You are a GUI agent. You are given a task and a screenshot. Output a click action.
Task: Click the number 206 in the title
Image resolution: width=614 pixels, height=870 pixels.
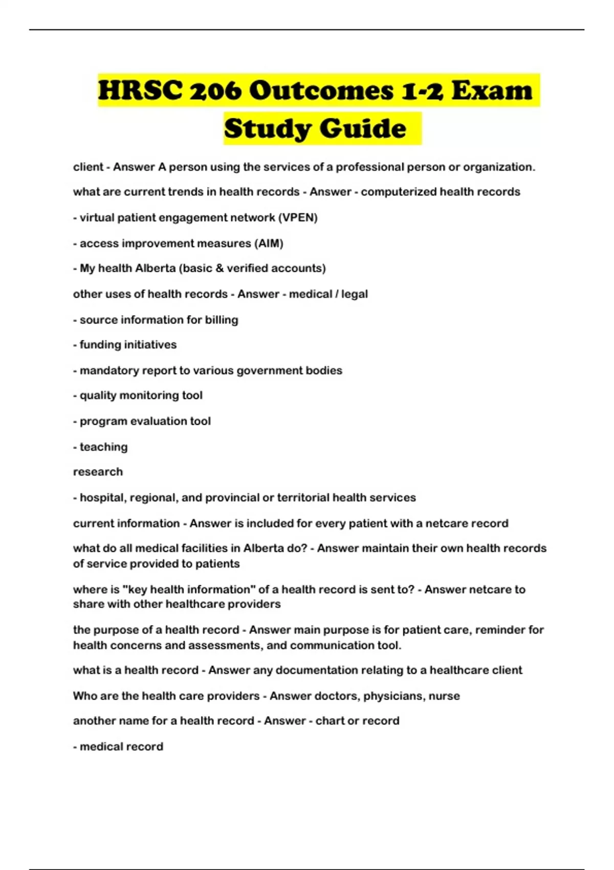(215, 91)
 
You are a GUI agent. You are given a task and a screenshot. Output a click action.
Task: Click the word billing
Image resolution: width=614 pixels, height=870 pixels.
(222, 320)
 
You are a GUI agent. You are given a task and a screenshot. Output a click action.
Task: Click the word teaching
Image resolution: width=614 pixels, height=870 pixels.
(103, 447)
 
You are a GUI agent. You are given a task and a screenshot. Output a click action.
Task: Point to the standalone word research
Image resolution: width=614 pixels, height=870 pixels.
(98, 472)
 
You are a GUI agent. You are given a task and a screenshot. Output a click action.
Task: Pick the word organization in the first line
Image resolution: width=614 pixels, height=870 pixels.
(499, 167)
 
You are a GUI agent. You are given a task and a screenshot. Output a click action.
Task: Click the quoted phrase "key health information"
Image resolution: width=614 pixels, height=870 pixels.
(189, 589)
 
